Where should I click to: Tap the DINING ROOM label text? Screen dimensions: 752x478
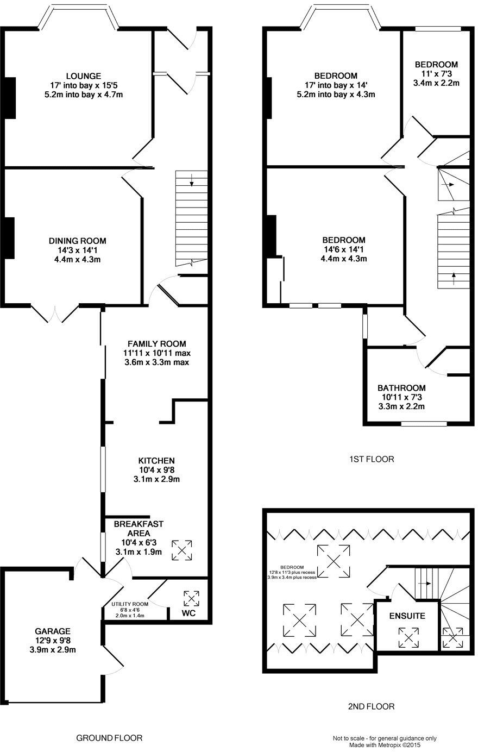(78, 241)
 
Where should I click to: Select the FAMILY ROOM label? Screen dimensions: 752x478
(156, 343)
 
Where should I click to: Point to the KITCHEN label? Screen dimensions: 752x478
(156, 460)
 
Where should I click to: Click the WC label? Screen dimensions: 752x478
(188, 614)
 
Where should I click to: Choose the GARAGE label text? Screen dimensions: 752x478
(52, 631)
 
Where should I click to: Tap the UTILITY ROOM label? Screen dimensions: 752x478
(130, 604)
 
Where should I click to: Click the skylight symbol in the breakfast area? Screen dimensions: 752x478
(182, 549)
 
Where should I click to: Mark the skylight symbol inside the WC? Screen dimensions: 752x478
(191, 598)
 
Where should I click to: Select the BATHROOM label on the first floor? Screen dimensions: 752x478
(401, 388)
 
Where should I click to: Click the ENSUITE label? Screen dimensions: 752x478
(407, 616)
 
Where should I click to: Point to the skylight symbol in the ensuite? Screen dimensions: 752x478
(408, 637)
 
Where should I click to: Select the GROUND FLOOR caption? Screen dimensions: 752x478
(109, 738)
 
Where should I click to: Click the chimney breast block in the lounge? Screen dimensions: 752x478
(10, 98)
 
